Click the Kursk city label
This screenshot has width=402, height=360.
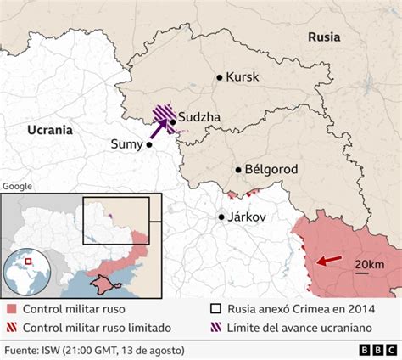pyautogui.click(x=243, y=77)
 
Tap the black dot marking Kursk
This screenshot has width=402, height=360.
pyautogui.click(x=220, y=77)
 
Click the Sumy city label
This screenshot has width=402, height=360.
pyautogui.click(x=127, y=144)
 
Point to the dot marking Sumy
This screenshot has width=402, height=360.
pyautogui.click(x=149, y=144)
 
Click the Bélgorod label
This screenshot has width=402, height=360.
pyautogui.click(x=271, y=170)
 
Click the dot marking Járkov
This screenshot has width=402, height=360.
pyautogui.click(x=222, y=217)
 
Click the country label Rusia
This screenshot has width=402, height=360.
pyautogui.click(x=324, y=37)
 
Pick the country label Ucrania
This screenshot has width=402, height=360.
pyautogui.click(x=49, y=130)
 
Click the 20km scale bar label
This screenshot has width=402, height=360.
pyautogui.click(x=369, y=266)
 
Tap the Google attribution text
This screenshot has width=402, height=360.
pyautogui.click(x=17, y=186)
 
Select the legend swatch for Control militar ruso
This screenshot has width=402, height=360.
pyautogui.click(x=10, y=309)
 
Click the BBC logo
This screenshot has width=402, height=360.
pyautogui.click(x=372, y=349)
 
